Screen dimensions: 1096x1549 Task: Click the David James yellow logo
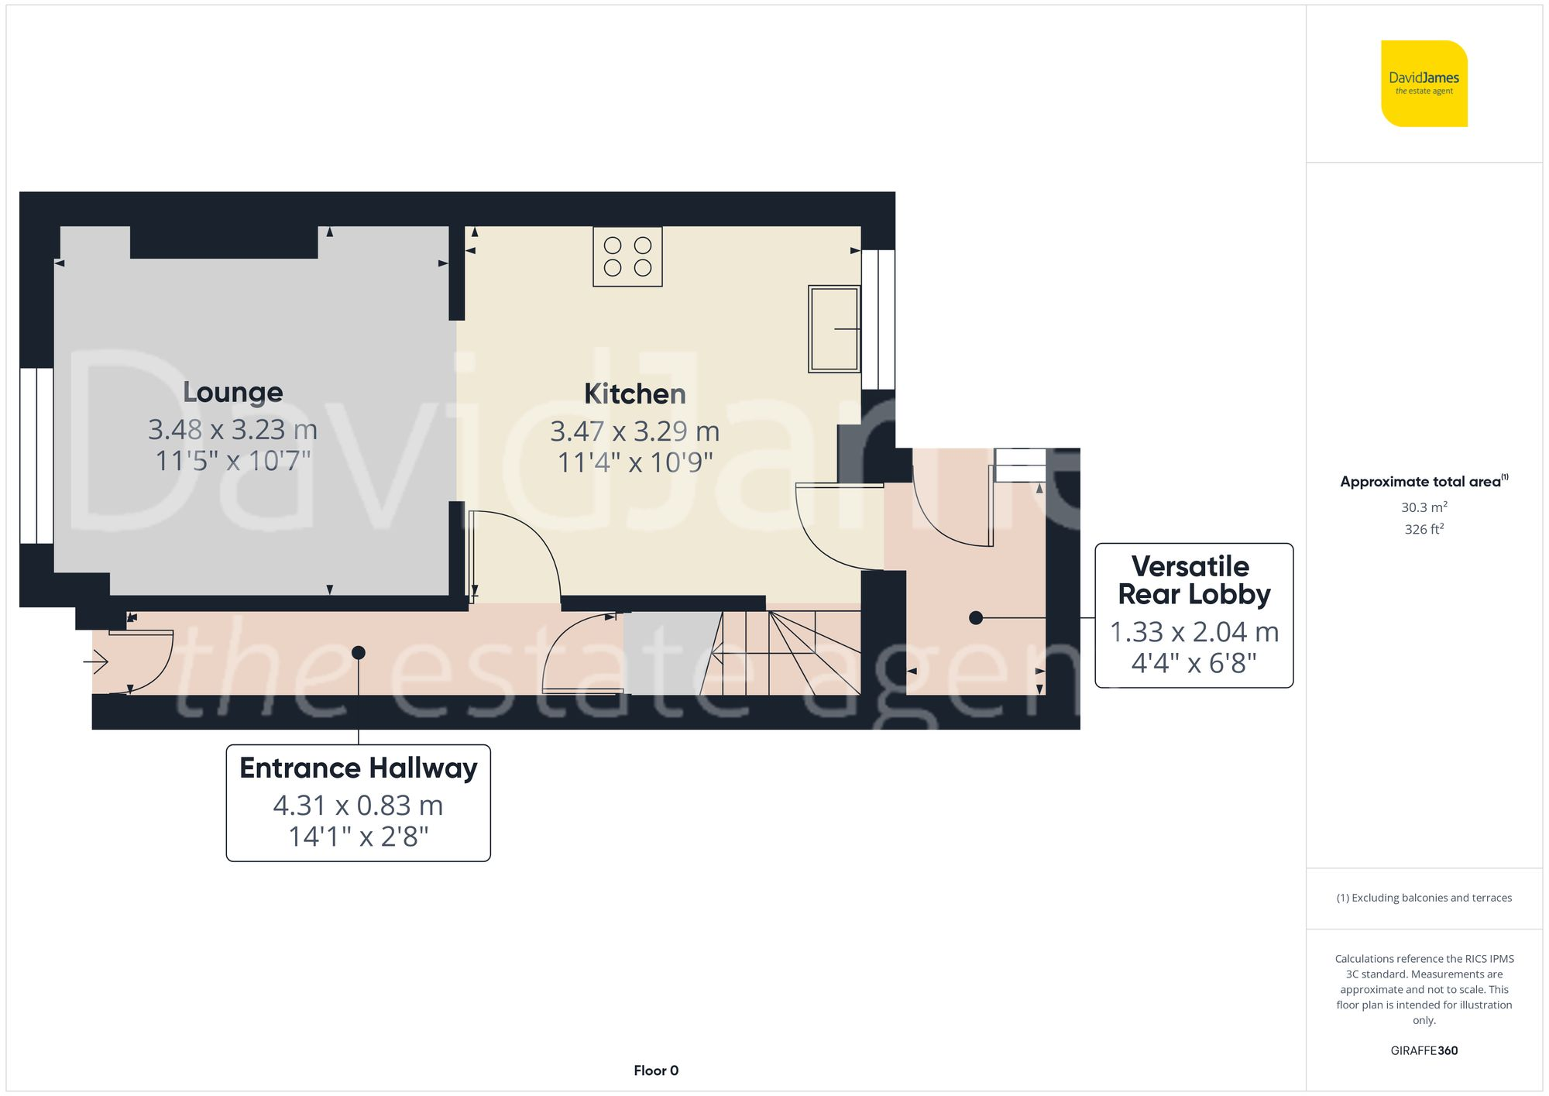pos(1424,84)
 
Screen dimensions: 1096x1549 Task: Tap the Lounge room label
pos(233,392)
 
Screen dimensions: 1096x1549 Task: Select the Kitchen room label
pos(634,394)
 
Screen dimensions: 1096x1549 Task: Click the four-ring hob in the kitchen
pos(627,256)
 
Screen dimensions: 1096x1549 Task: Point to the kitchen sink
pos(833,328)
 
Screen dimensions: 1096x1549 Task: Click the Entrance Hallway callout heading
pos(358,768)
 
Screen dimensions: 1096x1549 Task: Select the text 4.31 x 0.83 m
pos(358,806)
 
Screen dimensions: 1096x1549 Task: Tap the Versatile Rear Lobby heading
pos(1194,580)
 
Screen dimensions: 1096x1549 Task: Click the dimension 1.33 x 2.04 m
pos(1194,632)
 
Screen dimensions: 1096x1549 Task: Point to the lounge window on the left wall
pos(36,455)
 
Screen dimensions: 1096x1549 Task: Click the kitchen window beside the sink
pos(878,319)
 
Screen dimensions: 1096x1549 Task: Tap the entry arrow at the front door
pos(96,661)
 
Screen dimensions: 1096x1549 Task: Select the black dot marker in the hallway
pos(359,653)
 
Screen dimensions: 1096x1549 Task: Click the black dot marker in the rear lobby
pos(976,618)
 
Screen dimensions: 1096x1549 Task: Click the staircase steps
pos(782,652)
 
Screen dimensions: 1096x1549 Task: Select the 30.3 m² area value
pos(1424,507)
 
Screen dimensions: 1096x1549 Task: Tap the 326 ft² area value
pos(1424,529)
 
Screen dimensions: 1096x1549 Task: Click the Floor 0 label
pos(656,1070)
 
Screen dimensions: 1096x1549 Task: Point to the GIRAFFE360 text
pos(1424,1050)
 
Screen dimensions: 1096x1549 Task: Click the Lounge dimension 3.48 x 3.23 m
pos(232,429)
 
